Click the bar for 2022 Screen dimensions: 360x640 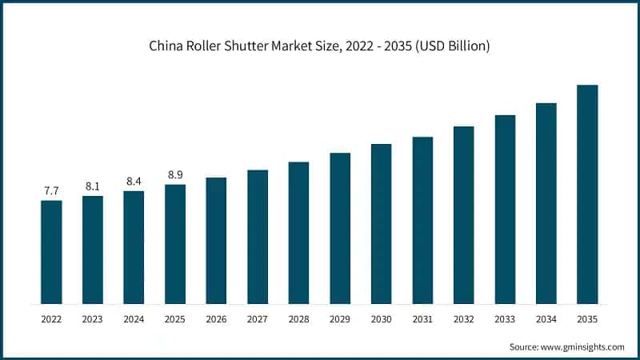[x=51, y=252]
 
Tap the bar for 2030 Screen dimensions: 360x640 [x=381, y=224]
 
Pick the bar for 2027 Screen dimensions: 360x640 [x=258, y=237]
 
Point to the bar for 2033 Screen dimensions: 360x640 [x=505, y=210]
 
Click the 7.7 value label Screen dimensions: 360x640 [x=51, y=190]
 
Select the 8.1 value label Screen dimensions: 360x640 [x=93, y=186]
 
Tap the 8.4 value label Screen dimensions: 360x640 [x=134, y=181]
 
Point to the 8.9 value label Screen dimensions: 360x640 [x=175, y=174]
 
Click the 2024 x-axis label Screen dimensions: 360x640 [x=134, y=319]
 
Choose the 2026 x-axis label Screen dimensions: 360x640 [x=216, y=319]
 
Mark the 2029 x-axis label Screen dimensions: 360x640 [x=340, y=319]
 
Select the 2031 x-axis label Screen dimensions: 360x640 [x=422, y=319]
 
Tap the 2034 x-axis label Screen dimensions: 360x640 [x=546, y=319]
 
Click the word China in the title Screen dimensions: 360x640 [x=166, y=46]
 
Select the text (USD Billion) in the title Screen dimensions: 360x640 [x=450, y=46]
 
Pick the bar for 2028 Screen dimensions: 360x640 [x=298, y=233]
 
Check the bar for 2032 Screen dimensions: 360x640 [x=463, y=215]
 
